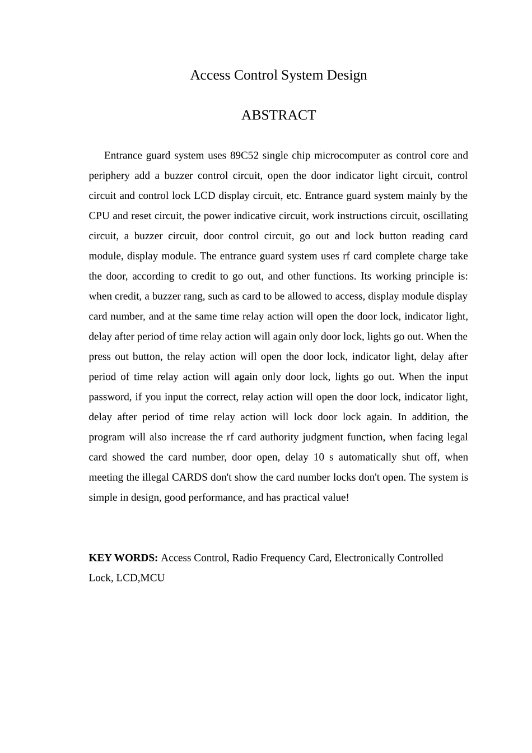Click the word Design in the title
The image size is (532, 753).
click(347, 75)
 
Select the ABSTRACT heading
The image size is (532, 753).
click(278, 115)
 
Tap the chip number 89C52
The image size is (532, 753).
click(244, 156)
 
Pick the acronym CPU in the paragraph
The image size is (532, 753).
click(99, 216)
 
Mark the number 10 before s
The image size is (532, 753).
click(319, 457)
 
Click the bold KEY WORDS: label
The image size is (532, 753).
click(123, 558)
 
